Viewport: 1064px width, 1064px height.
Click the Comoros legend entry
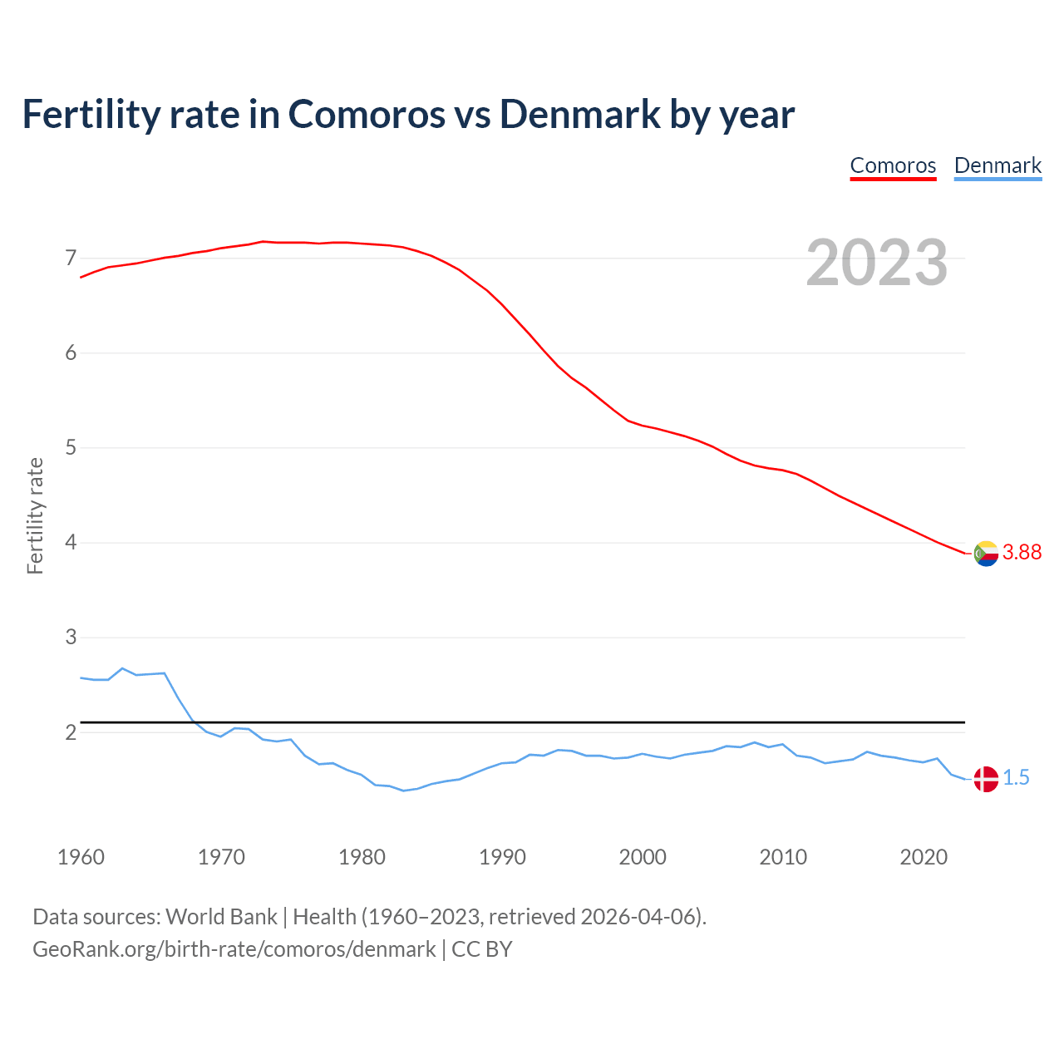click(x=893, y=165)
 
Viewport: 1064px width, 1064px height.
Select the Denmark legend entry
click(x=997, y=165)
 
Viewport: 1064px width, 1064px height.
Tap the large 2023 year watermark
click(x=877, y=263)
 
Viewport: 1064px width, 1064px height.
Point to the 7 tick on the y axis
click(x=71, y=259)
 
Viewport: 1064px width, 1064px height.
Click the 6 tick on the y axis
click(x=71, y=353)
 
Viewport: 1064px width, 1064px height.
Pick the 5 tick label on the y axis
click(x=71, y=448)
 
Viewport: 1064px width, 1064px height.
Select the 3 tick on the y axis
click(x=71, y=638)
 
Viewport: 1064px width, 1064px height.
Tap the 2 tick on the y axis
click(x=71, y=732)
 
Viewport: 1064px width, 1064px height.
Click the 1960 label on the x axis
click(x=81, y=857)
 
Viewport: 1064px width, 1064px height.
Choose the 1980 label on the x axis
click(x=362, y=857)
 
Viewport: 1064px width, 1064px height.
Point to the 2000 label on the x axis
click(x=643, y=857)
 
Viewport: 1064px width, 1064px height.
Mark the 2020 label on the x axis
click(x=924, y=857)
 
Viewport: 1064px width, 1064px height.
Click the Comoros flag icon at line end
click(x=986, y=553)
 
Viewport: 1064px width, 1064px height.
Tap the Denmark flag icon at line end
click(x=986, y=779)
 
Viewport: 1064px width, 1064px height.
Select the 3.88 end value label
click(x=1022, y=553)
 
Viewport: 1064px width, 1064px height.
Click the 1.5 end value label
click(x=1016, y=778)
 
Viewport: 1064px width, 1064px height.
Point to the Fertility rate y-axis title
click(x=35, y=515)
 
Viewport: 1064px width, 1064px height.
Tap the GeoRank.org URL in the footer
click(x=234, y=949)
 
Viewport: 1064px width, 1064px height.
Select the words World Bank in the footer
click(x=221, y=917)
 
